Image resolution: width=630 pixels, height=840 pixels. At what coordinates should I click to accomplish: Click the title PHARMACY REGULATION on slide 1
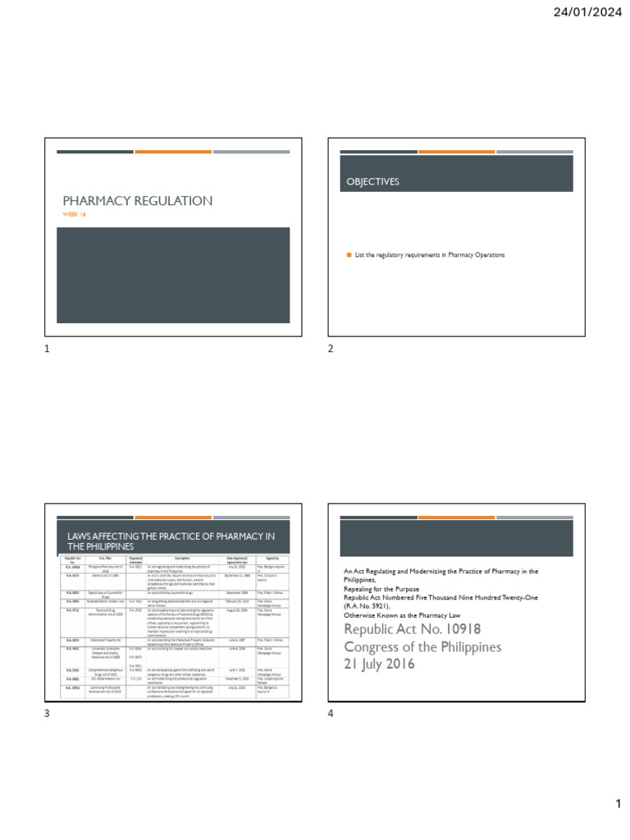138,201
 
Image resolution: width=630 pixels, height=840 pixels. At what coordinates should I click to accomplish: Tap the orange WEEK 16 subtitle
75,215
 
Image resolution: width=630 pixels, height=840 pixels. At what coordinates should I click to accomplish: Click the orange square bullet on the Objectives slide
348,255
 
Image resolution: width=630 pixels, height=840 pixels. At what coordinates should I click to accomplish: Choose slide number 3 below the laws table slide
47,714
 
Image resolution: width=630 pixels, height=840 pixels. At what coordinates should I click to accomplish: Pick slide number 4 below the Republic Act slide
331,714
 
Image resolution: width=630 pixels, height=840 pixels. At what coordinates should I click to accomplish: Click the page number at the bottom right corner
619,804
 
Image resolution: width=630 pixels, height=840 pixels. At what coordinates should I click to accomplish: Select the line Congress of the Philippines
422,647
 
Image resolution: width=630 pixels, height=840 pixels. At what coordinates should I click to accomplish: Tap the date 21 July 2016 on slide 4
379,664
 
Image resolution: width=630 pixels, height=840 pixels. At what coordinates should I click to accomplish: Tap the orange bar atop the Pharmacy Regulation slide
173,152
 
